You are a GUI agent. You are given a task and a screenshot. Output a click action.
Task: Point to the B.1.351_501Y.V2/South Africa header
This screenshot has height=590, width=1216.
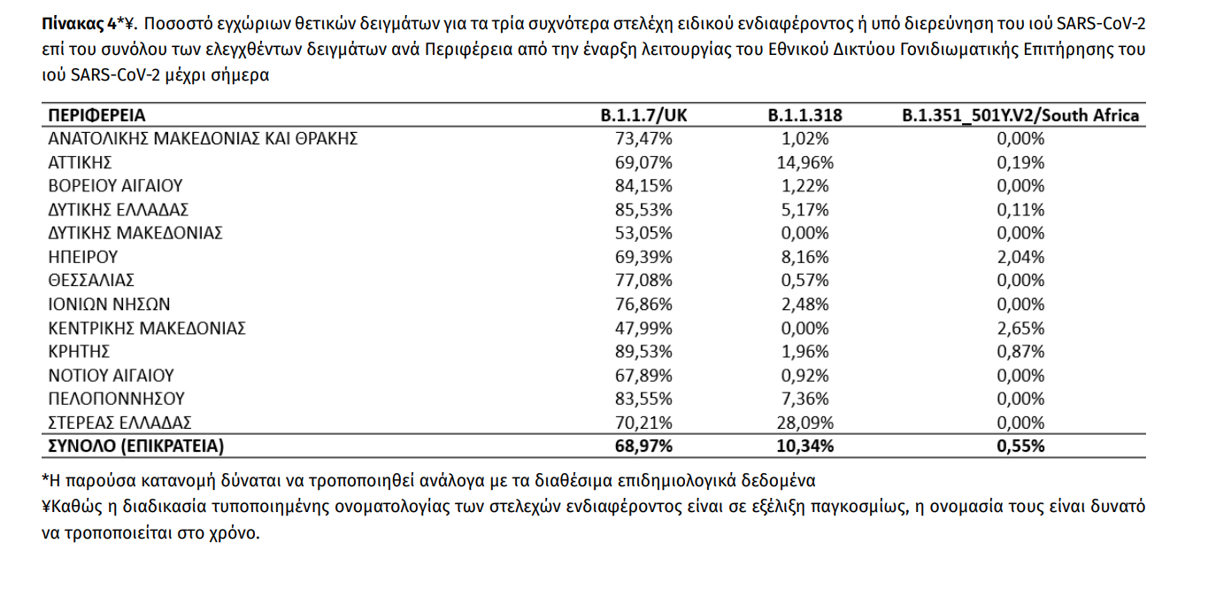1020,115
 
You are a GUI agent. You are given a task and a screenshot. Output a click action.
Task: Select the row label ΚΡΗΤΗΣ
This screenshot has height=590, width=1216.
79,351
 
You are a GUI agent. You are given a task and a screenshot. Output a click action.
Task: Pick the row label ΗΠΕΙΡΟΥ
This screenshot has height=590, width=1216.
82,257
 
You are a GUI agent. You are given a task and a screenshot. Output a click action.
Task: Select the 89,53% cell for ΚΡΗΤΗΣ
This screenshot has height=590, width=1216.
643,351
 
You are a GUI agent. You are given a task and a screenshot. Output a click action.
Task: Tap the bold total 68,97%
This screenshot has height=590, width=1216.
643,446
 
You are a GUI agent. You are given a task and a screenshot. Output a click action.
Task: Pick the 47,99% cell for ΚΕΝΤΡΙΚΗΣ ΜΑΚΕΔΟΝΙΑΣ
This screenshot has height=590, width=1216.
643,328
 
